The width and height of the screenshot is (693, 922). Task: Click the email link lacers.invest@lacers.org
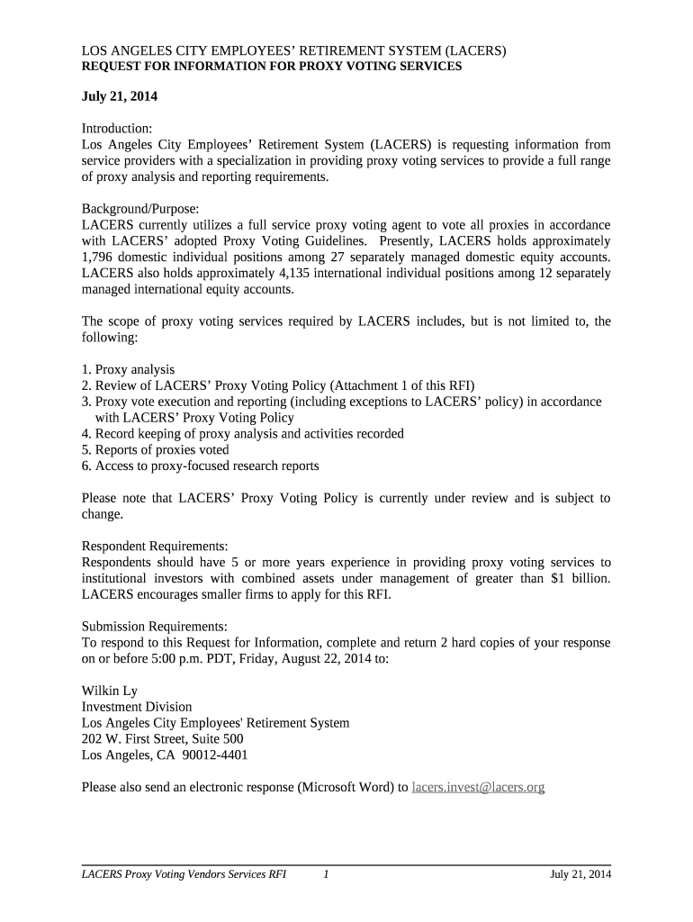[478, 787]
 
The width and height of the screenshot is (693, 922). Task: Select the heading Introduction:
[117, 129]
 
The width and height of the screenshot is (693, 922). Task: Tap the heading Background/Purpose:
[140, 208]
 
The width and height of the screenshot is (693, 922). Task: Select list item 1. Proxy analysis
[128, 369]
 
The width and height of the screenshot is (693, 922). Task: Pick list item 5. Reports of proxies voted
[155, 449]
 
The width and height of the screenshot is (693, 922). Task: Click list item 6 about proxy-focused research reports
[200, 466]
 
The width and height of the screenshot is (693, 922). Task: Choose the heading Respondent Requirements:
[154, 546]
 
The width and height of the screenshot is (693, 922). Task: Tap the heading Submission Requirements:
[154, 626]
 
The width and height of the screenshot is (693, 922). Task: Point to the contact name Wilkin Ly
[110, 691]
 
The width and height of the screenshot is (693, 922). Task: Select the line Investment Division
[137, 707]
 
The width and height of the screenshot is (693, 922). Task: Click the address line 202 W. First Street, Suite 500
[162, 739]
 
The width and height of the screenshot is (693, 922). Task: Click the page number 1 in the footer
[326, 874]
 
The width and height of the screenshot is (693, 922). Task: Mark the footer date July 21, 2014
[580, 874]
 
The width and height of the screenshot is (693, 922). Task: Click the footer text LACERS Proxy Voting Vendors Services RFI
[184, 874]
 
